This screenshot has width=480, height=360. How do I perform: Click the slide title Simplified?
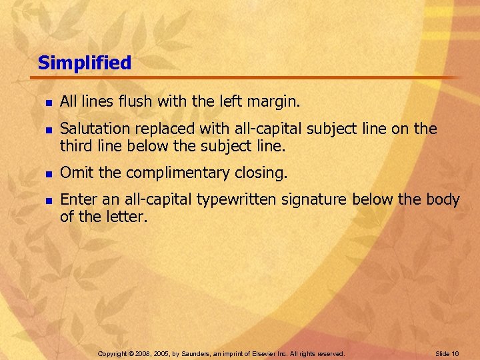pyautogui.click(x=85, y=63)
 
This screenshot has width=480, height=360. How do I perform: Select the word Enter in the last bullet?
pyautogui.click(x=76, y=199)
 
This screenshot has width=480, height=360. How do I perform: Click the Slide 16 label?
pyautogui.click(x=446, y=353)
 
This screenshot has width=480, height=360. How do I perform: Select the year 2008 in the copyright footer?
pyautogui.click(x=142, y=353)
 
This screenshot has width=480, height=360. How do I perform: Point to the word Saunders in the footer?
pyautogui.click(x=203, y=353)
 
